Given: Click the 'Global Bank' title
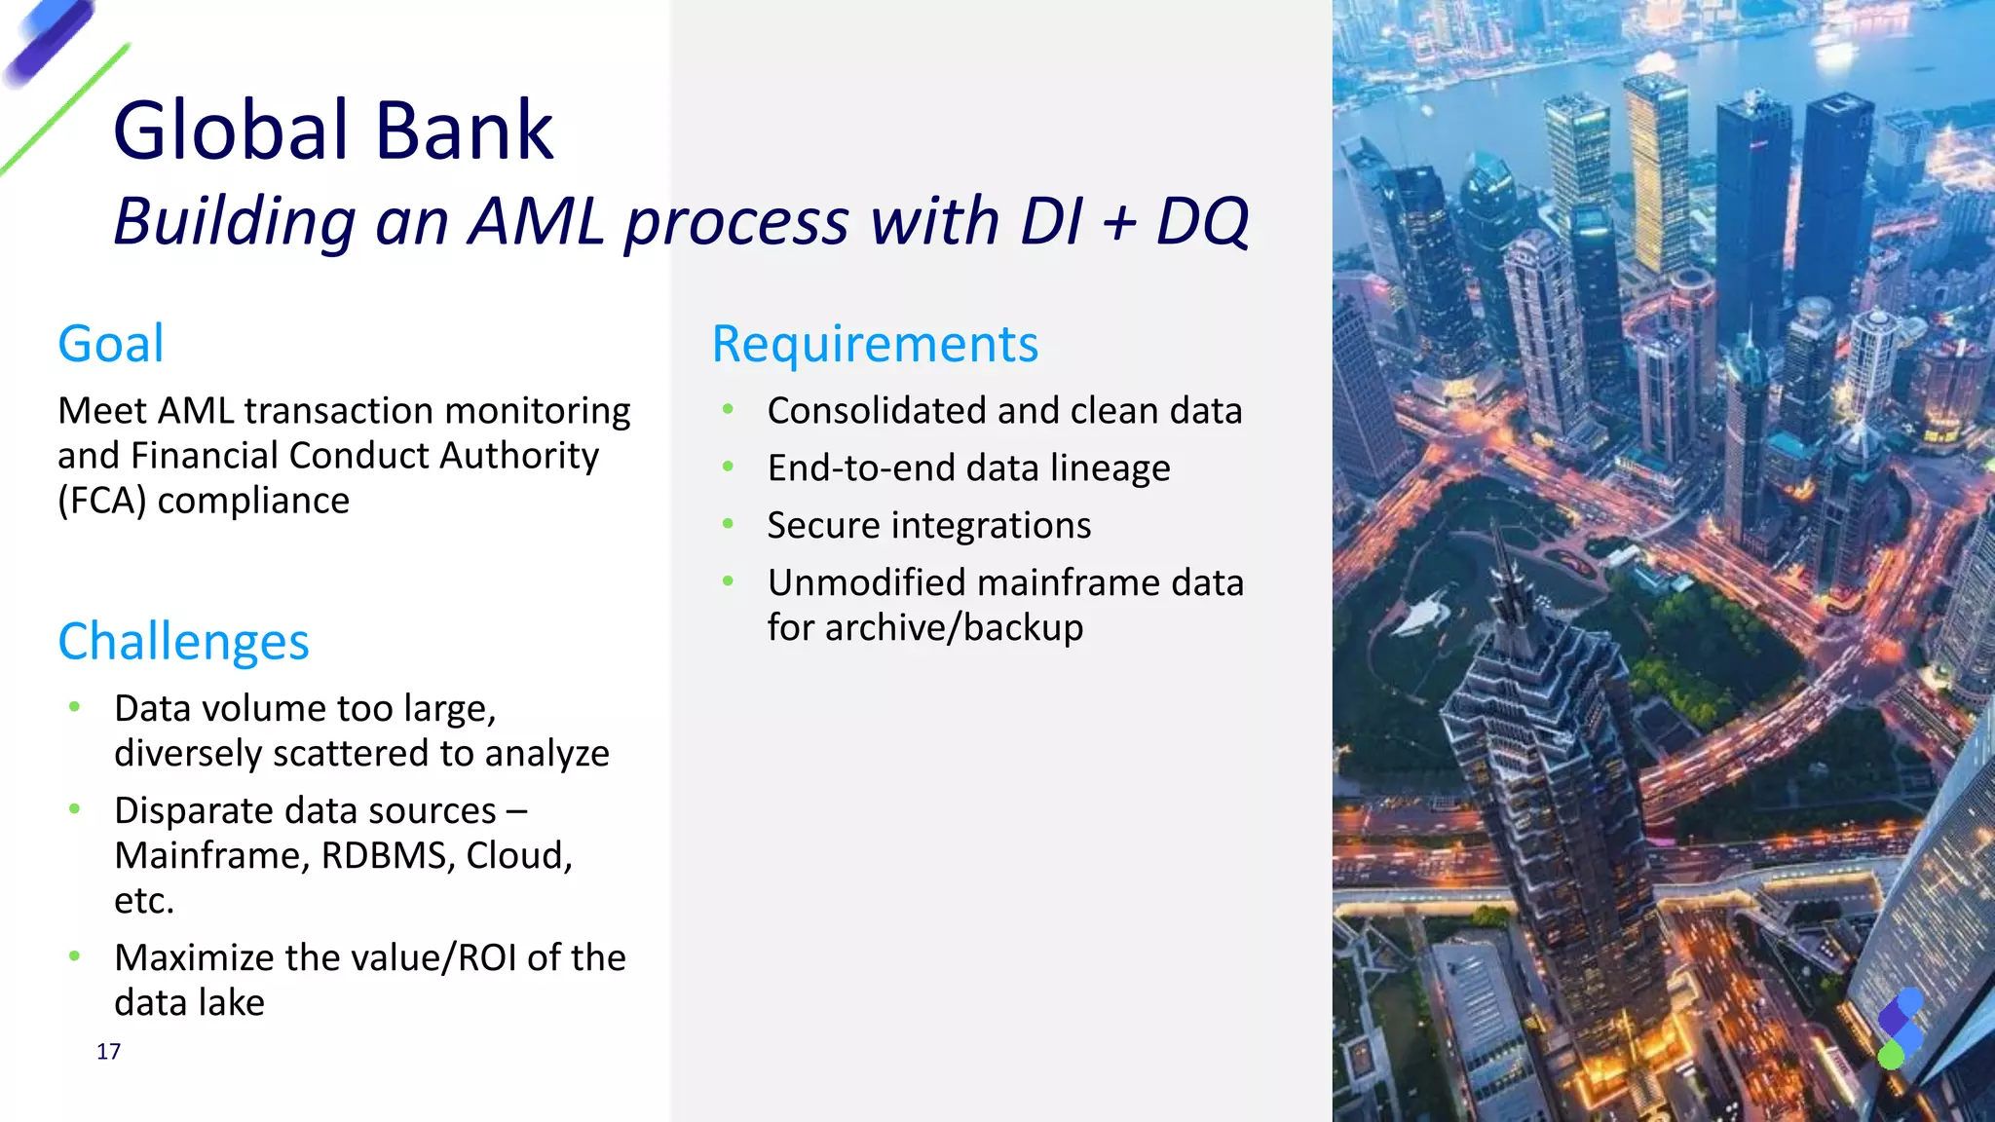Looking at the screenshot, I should click(333, 131).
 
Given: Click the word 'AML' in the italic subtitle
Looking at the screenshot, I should click(537, 221).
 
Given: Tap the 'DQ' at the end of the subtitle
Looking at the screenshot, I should click(1202, 221).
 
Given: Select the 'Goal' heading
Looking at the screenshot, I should click(111, 344).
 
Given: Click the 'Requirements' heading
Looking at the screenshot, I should click(875, 344).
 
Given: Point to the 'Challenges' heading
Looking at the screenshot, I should click(183, 642).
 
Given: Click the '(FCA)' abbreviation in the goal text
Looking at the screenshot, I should click(101, 501).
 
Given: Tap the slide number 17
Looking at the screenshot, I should click(108, 1051).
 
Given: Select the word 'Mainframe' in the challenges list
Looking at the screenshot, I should click(211, 856).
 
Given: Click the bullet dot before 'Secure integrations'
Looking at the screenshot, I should click(728, 524).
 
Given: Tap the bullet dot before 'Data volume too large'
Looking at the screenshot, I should click(74, 707).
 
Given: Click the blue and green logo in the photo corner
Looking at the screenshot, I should click(1900, 1028).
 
